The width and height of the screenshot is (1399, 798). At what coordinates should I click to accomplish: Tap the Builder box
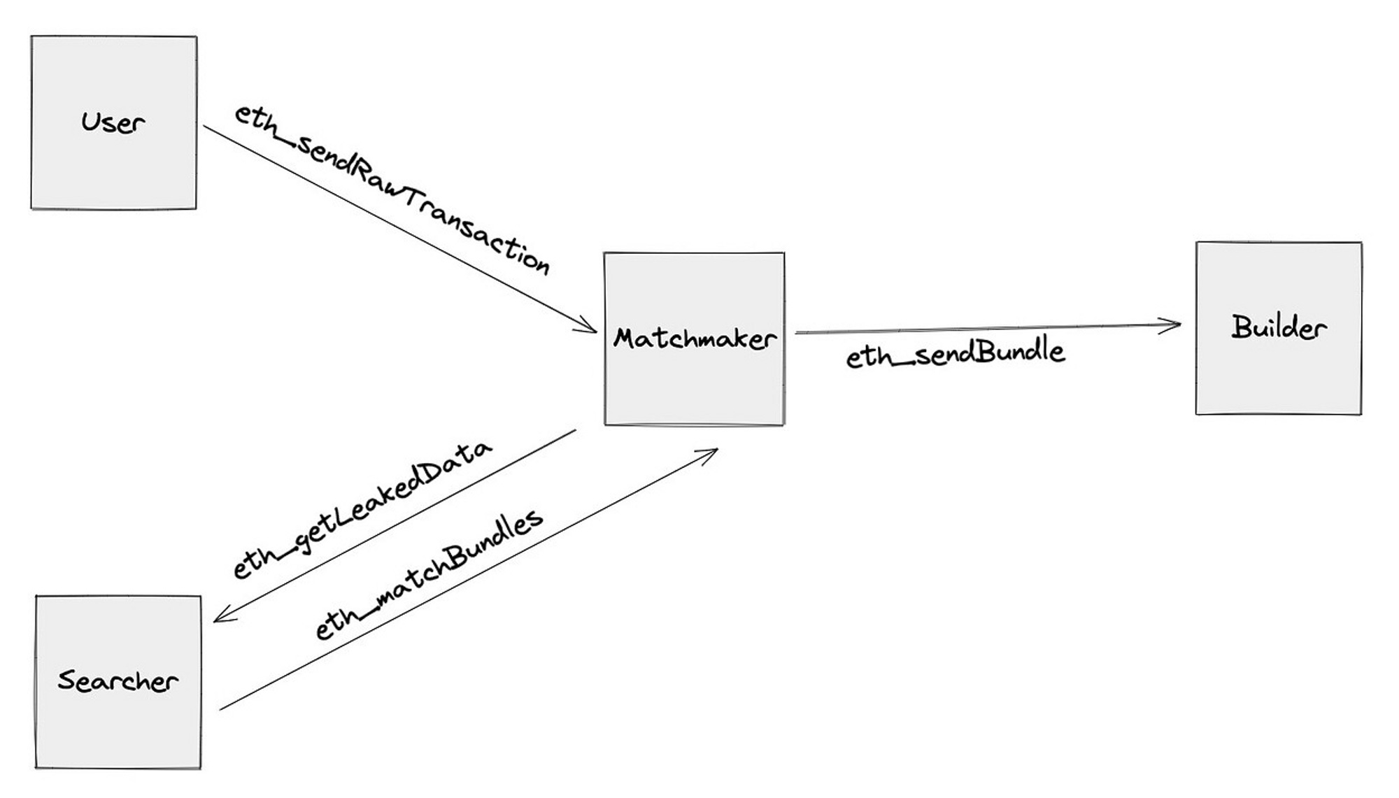click(x=1278, y=378)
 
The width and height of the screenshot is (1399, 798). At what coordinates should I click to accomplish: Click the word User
click(x=113, y=123)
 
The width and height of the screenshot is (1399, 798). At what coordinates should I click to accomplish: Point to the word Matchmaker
click(x=694, y=339)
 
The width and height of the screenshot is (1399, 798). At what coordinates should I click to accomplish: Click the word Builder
click(x=1278, y=327)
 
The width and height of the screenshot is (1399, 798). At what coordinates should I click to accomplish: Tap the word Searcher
click(x=118, y=681)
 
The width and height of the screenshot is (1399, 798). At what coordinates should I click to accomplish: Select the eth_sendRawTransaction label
click(x=392, y=189)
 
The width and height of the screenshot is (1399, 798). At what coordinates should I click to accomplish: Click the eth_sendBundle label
click(x=955, y=353)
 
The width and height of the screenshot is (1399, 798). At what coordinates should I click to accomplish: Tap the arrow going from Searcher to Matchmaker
click(x=469, y=579)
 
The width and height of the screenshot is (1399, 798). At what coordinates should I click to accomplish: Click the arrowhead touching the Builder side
click(x=1174, y=325)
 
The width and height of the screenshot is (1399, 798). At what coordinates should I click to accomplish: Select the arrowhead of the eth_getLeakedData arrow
click(x=221, y=617)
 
